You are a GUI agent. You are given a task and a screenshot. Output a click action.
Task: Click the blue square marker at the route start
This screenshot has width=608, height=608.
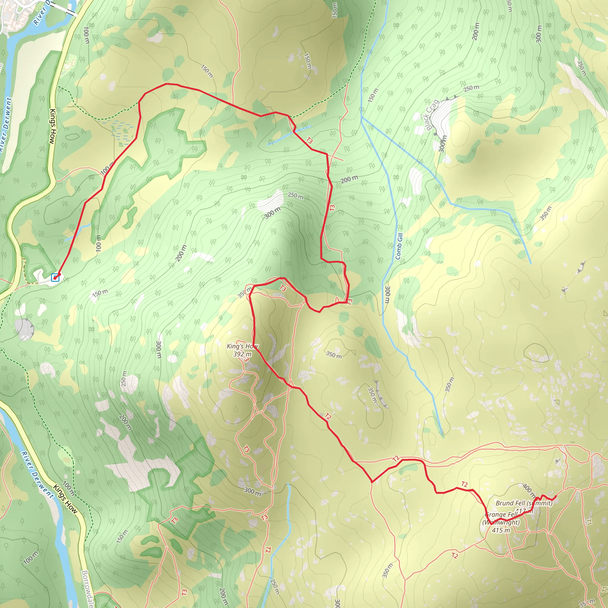pyautogui.click(x=55, y=278)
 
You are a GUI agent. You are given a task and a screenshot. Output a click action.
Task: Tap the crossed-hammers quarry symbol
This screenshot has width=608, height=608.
pyautogui.click(x=24, y=338)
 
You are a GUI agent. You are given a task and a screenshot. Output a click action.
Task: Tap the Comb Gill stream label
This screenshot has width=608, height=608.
pyautogui.click(x=399, y=246)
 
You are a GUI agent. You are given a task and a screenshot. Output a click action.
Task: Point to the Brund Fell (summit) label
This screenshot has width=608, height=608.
pyautogui.click(x=524, y=503)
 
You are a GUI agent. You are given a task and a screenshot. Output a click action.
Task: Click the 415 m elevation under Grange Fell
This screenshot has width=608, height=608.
pyautogui.click(x=501, y=530)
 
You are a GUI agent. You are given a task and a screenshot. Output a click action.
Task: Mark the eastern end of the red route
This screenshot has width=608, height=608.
pyautogui.click(x=556, y=496)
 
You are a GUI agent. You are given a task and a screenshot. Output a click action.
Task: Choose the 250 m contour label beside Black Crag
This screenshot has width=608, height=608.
pyautogui.click(x=471, y=88)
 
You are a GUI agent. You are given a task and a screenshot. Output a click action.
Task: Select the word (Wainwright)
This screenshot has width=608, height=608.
pyautogui.click(x=501, y=522)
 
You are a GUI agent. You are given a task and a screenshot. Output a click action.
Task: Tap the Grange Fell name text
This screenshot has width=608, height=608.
pyautogui.click(x=501, y=515)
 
